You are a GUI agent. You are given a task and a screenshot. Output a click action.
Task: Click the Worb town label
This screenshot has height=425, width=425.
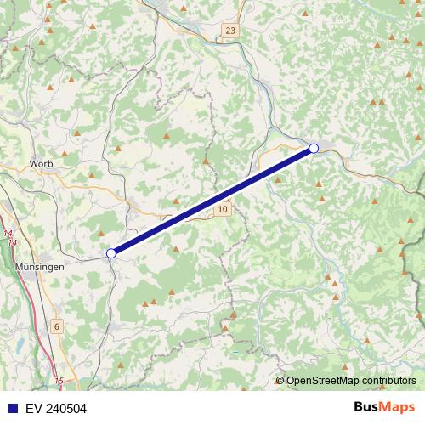[x=41, y=162]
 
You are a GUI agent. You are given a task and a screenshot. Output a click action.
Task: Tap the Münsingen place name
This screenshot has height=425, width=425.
[x=40, y=266]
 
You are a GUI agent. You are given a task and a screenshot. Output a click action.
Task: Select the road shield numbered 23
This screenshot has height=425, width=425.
[x=230, y=31]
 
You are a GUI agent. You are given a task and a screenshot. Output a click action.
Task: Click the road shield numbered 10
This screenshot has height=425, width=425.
[x=222, y=208]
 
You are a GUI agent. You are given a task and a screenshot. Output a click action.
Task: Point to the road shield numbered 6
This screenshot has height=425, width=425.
[x=57, y=326]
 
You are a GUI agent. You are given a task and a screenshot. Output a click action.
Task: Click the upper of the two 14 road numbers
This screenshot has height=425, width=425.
[x=8, y=233]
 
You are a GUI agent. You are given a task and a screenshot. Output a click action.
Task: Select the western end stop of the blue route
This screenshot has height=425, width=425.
[x=110, y=253]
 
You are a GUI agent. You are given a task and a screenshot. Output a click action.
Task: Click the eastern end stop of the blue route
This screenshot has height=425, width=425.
[x=314, y=149]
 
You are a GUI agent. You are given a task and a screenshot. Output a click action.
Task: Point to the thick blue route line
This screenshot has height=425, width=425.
[x=212, y=201]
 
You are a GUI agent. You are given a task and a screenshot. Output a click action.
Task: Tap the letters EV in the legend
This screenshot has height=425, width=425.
[x=33, y=409]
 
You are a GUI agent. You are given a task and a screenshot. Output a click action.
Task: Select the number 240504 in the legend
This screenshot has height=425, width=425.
[x=65, y=409]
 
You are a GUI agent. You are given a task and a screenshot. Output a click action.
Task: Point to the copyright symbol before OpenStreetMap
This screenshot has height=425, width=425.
[x=280, y=381]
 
